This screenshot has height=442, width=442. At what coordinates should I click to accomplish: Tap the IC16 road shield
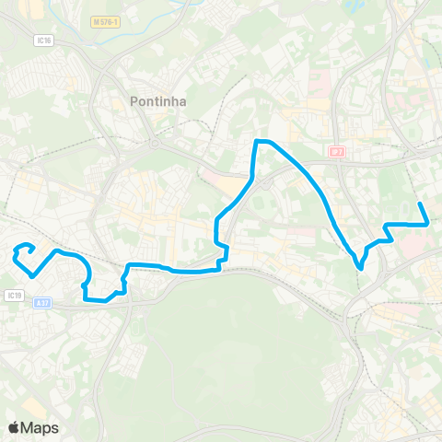(43, 41)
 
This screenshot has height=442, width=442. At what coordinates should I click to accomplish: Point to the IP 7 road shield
(336, 150)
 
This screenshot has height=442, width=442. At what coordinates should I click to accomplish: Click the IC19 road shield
(13, 296)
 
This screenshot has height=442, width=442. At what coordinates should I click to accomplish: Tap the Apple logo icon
(13, 427)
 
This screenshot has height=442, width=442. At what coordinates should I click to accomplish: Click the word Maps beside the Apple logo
(40, 427)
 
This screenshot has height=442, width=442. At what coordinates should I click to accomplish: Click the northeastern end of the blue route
(420, 204)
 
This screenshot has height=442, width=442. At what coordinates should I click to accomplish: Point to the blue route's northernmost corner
(257, 141)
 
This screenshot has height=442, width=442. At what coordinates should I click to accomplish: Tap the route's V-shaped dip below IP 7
(360, 268)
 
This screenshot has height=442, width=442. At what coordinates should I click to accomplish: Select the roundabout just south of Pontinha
(156, 143)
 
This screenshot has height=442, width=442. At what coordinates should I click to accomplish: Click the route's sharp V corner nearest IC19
(33, 274)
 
